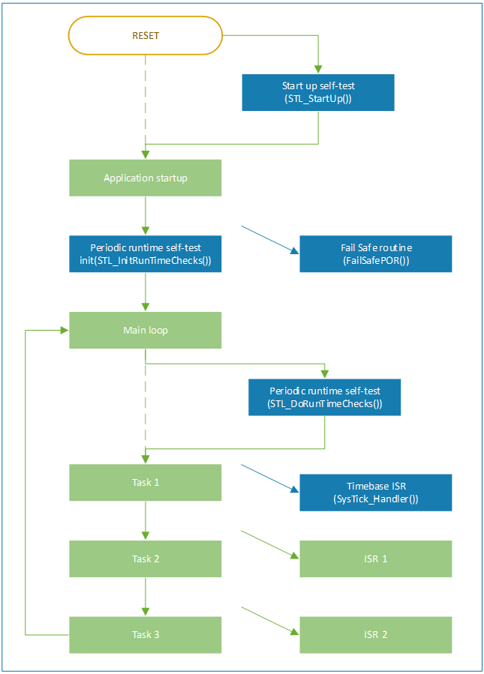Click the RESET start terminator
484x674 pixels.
pos(146,36)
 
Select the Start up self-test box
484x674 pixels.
pos(318,92)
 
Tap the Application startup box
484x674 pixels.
pos(146,178)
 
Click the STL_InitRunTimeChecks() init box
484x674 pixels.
pos(146,254)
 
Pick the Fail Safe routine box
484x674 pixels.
pos(376,254)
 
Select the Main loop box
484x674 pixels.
pos(146,330)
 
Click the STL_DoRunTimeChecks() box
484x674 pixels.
pos(324,397)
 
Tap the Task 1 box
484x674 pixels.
pos(146,482)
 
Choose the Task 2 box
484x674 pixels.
pos(146,559)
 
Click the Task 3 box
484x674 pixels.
pos(146,635)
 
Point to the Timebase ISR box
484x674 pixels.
pos(376,493)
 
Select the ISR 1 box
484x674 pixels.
pos(376,559)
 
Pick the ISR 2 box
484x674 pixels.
pos(376,635)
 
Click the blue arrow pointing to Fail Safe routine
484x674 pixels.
pos(269,239)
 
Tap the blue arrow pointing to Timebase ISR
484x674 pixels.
pos(269,478)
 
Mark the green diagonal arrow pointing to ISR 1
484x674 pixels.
pos(269,544)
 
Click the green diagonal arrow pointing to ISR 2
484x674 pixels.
pos(269,621)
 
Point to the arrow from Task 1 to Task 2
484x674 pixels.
pos(146,520)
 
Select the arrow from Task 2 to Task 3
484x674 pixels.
pos(146,597)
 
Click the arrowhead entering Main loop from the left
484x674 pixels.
pos(65,330)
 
